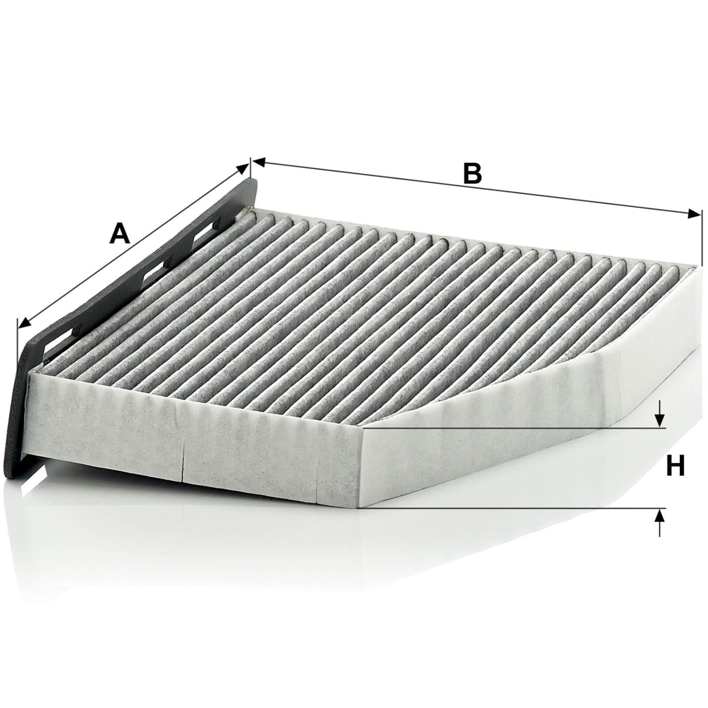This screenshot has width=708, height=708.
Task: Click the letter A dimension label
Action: pos(120,234)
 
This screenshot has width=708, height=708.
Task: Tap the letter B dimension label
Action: pos(472,173)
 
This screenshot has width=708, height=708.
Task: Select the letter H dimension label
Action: pos(675,466)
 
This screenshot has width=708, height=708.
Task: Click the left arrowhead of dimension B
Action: pos(258,162)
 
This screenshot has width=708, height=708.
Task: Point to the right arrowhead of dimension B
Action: pos(695,214)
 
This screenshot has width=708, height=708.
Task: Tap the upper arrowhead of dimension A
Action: pos(243,168)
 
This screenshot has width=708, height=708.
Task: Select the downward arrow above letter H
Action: pos(660,413)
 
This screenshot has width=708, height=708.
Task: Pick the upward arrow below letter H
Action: pos(660,523)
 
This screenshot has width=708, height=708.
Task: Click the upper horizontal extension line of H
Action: pos(513,428)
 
